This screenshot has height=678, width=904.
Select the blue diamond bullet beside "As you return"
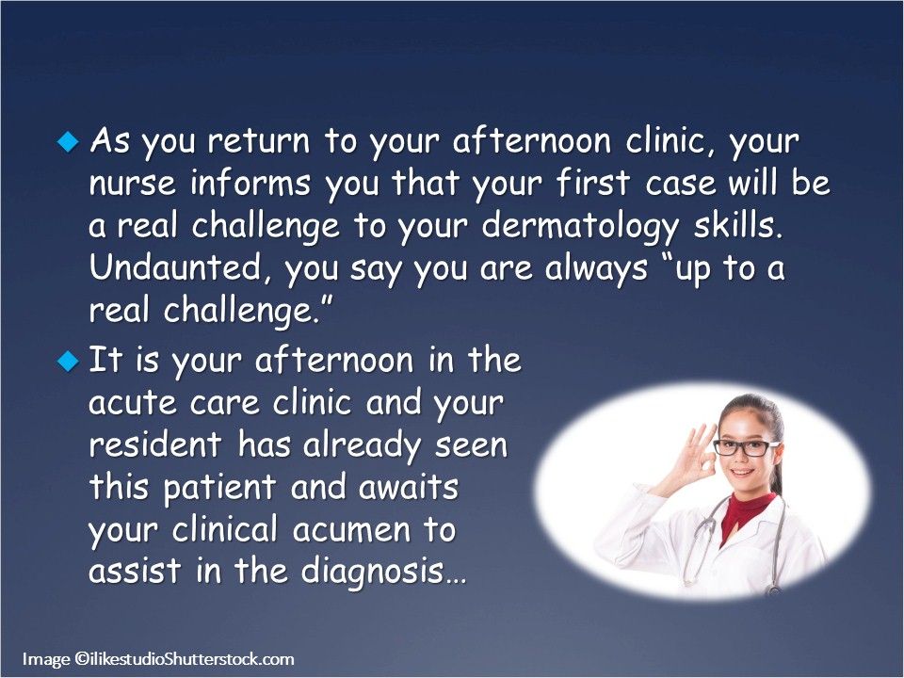click(66, 141)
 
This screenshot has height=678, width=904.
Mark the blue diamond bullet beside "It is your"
click(66, 360)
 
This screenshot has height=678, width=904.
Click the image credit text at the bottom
click(158, 659)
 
